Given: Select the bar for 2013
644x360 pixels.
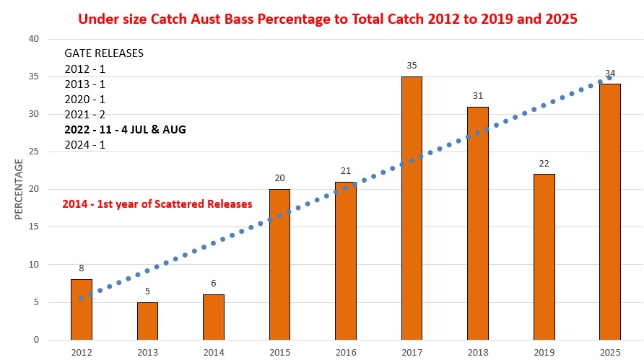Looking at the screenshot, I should (147, 321).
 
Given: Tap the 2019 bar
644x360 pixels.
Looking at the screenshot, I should (544, 257).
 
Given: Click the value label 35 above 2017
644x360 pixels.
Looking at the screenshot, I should (412, 66).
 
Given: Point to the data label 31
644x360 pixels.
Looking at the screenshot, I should (477, 96).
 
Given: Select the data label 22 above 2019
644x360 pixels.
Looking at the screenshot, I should (544, 164).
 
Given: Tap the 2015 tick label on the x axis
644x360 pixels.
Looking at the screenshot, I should (279, 351).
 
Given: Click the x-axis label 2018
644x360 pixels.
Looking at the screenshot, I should (477, 351).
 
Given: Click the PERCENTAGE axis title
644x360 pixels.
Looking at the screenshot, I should (19, 190).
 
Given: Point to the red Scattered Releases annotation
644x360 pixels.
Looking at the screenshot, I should (156, 204).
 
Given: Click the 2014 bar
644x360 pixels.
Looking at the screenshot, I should (214, 317).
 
